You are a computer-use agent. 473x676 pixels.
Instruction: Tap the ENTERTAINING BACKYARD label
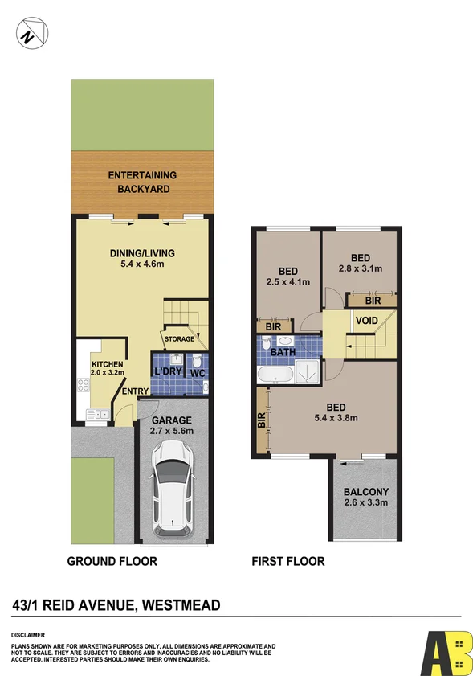pyautogui.click(x=142, y=182)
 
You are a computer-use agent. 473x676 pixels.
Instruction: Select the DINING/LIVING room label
pyautogui.click(x=142, y=258)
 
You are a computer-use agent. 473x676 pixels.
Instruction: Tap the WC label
pyautogui.click(x=198, y=372)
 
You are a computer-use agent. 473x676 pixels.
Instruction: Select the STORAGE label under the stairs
pyautogui.click(x=179, y=339)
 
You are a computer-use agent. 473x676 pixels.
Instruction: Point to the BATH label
pyautogui.click(x=283, y=352)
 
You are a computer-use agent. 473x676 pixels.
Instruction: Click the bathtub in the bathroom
pyautogui.click(x=275, y=375)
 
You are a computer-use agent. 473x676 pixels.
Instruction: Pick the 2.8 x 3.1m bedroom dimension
pyautogui.click(x=361, y=268)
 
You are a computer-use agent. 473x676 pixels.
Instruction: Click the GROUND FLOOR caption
pyautogui.click(x=112, y=561)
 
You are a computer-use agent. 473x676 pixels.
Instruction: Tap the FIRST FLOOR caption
pyautogui.click(x=288, y=561)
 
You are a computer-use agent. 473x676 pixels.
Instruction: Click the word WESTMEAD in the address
pyautogui.click(x=181, y=605)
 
